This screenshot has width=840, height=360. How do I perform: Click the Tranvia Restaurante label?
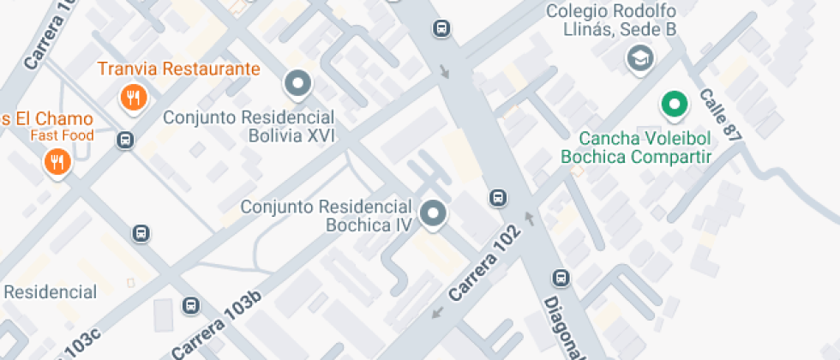tap(178, 69)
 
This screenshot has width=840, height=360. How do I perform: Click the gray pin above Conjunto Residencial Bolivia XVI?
tap(298, 84)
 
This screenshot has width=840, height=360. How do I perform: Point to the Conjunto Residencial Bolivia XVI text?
tap(249, 126)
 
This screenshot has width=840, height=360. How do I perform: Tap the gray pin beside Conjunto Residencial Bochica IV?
tap(434, 213)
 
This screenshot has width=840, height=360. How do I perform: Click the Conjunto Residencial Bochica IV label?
tap(327, 216)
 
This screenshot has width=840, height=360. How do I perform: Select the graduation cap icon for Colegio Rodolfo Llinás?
tap(639, 58)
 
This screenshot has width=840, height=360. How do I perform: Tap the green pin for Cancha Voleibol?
tap(674, 105)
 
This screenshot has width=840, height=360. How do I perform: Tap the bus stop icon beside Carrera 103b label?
tap(190, 305)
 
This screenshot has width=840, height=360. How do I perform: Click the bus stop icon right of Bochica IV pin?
tap(496, 198)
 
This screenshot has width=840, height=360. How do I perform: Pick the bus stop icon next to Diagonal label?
tap(561, 279)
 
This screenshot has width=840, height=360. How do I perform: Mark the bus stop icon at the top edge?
tap(441, 28)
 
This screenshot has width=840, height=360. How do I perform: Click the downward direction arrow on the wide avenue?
tap(444, 70)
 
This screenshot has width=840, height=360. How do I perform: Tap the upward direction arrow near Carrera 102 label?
tap(529, 220)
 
